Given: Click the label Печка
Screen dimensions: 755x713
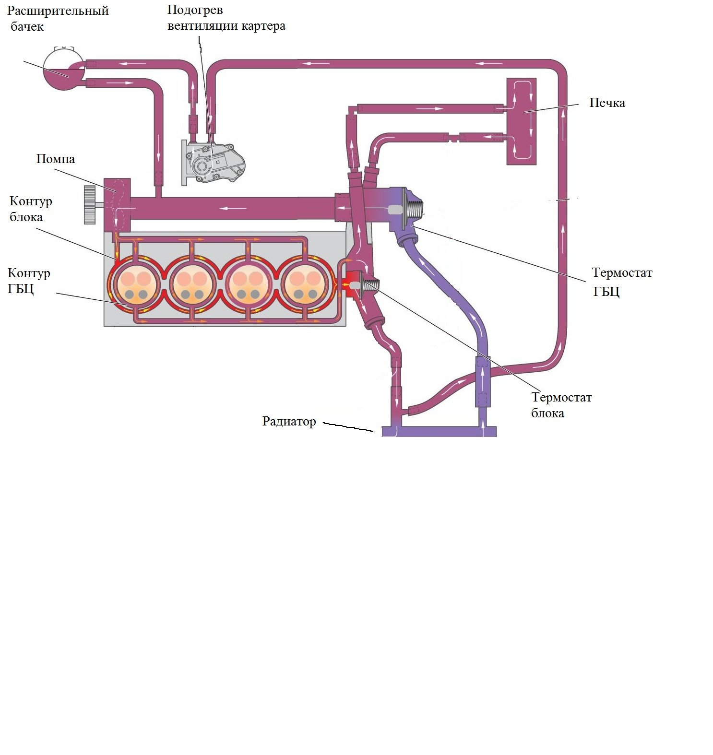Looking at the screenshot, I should coord(606,103).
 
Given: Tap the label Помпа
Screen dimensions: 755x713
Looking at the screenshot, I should coord(56,159).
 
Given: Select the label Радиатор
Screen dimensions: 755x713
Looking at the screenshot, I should coord(289,422).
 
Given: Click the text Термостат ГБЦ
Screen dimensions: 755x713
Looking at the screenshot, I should coord(621,282).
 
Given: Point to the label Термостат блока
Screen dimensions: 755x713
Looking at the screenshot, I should coord(561,405).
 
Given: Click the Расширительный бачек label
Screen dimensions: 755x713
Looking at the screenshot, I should coord(58,18).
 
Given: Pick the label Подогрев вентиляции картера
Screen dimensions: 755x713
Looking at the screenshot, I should coord(226,18).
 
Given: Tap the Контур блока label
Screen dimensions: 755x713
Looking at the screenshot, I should coord(31,209).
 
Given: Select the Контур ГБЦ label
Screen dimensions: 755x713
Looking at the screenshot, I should coord(29,281).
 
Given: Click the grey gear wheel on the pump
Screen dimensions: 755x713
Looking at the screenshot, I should coord(89,205).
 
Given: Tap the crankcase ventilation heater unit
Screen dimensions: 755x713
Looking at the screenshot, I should coord(212,161).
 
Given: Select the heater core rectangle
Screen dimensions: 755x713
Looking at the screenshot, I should coord(522,122).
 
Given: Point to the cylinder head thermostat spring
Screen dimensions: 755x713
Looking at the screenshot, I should coord(414,207).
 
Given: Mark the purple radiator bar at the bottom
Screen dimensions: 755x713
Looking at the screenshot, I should coord(439,431).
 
